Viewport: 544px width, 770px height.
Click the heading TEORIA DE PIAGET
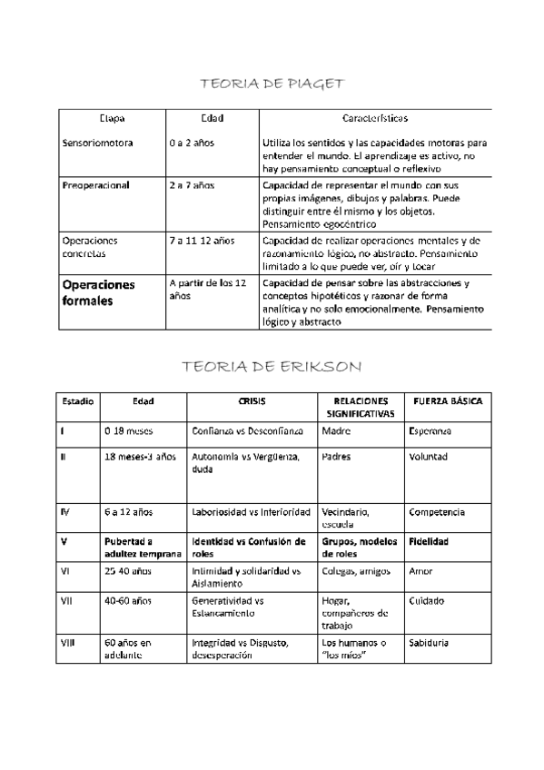click(x=272, y=84)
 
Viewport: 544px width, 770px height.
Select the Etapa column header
click(x=112, y=119)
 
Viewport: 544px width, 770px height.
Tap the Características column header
click(x=375, y=119)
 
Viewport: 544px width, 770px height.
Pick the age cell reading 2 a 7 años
click(x=192, y=185)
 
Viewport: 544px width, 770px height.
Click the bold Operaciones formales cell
click(x=98, y=292)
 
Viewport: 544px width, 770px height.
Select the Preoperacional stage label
click(x=95, y=185)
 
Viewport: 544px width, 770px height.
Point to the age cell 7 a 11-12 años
click(x=202, y=241)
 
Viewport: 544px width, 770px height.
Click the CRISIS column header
click(x=252, y=400)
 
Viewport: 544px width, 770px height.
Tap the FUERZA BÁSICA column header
click(x=448, y=400)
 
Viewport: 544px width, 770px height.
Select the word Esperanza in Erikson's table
click(x=430, y=430)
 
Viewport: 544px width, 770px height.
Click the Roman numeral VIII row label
click(x=66, y=643)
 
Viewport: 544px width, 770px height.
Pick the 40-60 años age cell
click(x=127, y=601)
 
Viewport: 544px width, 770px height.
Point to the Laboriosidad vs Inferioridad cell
click(x=251, y=512)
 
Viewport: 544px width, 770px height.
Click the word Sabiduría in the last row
click(x=430, y=643)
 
